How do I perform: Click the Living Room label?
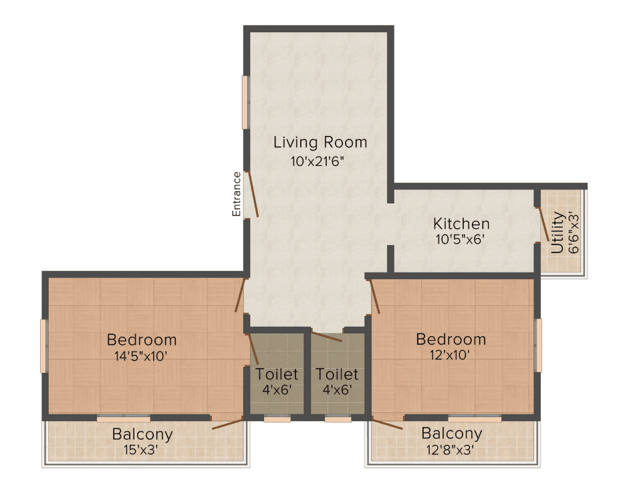point(320,143)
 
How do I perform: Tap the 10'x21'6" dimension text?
point(318,161)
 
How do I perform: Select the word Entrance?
point(237,194)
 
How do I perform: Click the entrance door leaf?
point(253,195)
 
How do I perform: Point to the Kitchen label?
point(461,224)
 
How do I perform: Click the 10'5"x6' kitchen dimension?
point(460,240)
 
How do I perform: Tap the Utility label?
point(557,232)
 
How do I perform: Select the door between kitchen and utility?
point(542,224)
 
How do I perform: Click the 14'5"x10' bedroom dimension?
point(141,356)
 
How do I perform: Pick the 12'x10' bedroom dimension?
point(449,355)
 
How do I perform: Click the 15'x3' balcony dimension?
point(140,450)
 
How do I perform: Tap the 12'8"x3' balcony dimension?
point(451,450)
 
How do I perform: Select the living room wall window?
point(245,102)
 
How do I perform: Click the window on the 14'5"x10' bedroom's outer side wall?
point(43,345)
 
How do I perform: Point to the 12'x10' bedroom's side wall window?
point(538,345)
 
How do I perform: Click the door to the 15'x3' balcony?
point(228,424)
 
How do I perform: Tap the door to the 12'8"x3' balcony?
point(387,424)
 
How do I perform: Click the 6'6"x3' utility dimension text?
point(574,233)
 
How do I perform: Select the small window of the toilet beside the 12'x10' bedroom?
point(338,419)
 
